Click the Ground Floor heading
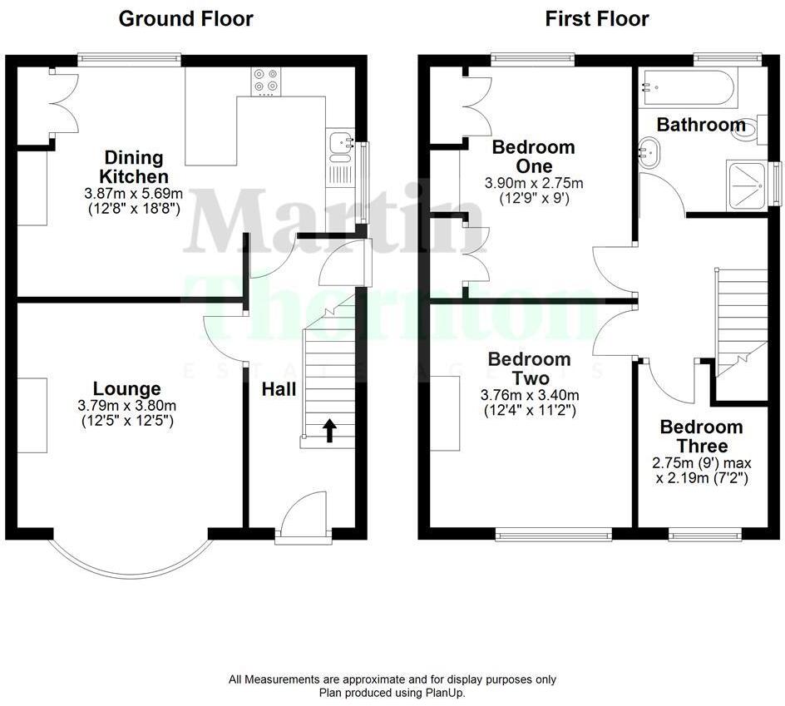click(x=185, y=18)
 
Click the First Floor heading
click(x=597, y=18)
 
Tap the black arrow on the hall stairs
click(x=329, y=430)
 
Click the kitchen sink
click(x=340, y=146)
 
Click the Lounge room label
click(x=126, y=388)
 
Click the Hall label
click(x=279, y=389)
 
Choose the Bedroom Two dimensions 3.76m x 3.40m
click(x=529, y=395)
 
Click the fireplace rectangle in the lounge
click(x=32, y=415)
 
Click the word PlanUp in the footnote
click(x=447, y=692)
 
